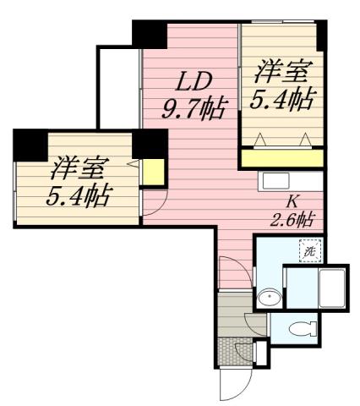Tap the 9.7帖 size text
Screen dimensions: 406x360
coord(194,107)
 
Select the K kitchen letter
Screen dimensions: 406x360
coord(292,201)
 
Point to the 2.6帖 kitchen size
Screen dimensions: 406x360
coord(292,220)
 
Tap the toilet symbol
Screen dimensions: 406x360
coord(297,330)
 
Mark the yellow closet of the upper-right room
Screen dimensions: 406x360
coord(282,157)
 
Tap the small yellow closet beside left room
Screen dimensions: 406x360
coord(153,173)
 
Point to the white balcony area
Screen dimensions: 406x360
coord(118,85)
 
